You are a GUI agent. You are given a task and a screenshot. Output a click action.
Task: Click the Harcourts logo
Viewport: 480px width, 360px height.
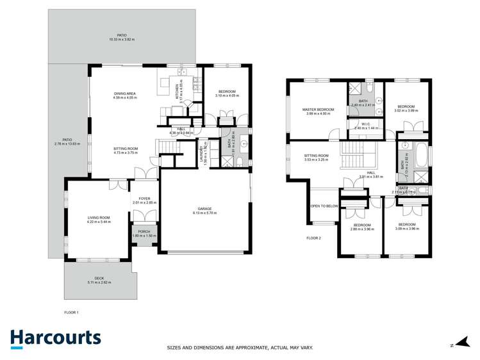point(55,338)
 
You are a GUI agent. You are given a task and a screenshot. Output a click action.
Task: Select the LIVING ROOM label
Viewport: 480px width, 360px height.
point(99,218)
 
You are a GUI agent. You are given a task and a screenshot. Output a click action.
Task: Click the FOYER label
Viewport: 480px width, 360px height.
point(144,199)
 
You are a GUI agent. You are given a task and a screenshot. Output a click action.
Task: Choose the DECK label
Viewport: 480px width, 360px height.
point(99,278)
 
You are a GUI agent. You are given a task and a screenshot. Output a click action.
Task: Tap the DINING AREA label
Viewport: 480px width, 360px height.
point(124,94)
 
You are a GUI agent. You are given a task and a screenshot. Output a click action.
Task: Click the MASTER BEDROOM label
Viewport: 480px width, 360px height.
point(319,110)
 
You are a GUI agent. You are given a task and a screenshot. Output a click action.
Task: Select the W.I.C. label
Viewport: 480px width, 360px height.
point(366,124)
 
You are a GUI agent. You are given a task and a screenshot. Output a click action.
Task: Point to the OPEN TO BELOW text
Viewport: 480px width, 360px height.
point(324,206)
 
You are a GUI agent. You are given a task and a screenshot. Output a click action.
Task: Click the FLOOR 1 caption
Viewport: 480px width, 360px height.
point(71,312)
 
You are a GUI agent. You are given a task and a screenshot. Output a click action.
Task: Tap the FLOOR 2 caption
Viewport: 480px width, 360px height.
point(313,238)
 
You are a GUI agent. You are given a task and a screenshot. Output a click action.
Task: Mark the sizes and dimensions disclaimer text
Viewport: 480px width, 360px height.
point(240,347)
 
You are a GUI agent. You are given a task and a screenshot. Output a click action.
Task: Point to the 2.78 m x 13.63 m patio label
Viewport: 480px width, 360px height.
point(67,141)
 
